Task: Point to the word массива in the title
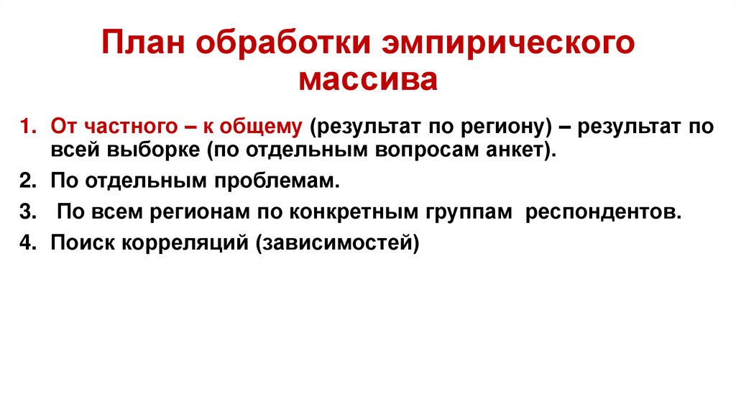point(368,78)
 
